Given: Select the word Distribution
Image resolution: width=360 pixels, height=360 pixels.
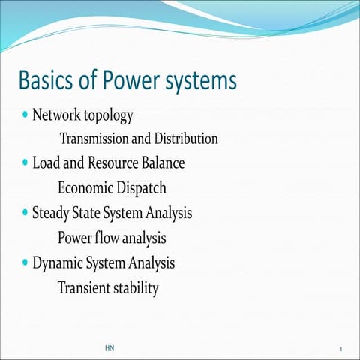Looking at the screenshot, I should [x=186, y=139].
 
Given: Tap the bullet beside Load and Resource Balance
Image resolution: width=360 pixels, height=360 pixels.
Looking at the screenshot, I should [x=26, y=162].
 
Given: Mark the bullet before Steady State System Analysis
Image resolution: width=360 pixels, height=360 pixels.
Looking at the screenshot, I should [x=26, y=212].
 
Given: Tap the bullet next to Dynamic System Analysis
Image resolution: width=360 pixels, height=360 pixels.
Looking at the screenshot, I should [x=26, y=262].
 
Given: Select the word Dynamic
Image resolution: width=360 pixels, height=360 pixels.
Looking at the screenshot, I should [x=56, y=264].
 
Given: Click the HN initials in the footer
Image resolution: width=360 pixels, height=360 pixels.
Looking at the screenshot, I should [x=109, y=349].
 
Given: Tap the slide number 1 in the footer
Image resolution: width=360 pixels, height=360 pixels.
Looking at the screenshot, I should [x=341, y=349].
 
